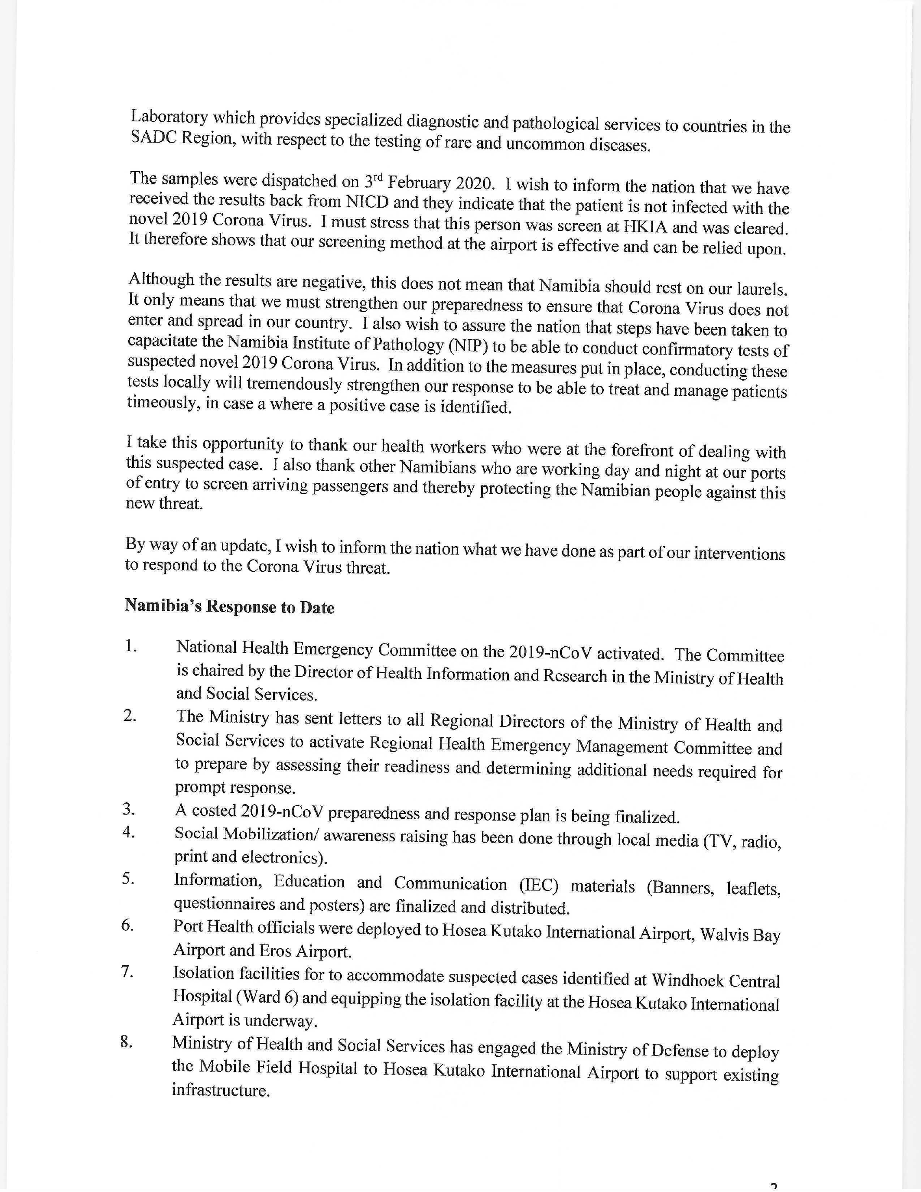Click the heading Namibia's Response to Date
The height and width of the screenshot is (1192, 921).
229,606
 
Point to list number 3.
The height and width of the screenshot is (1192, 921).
128,809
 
